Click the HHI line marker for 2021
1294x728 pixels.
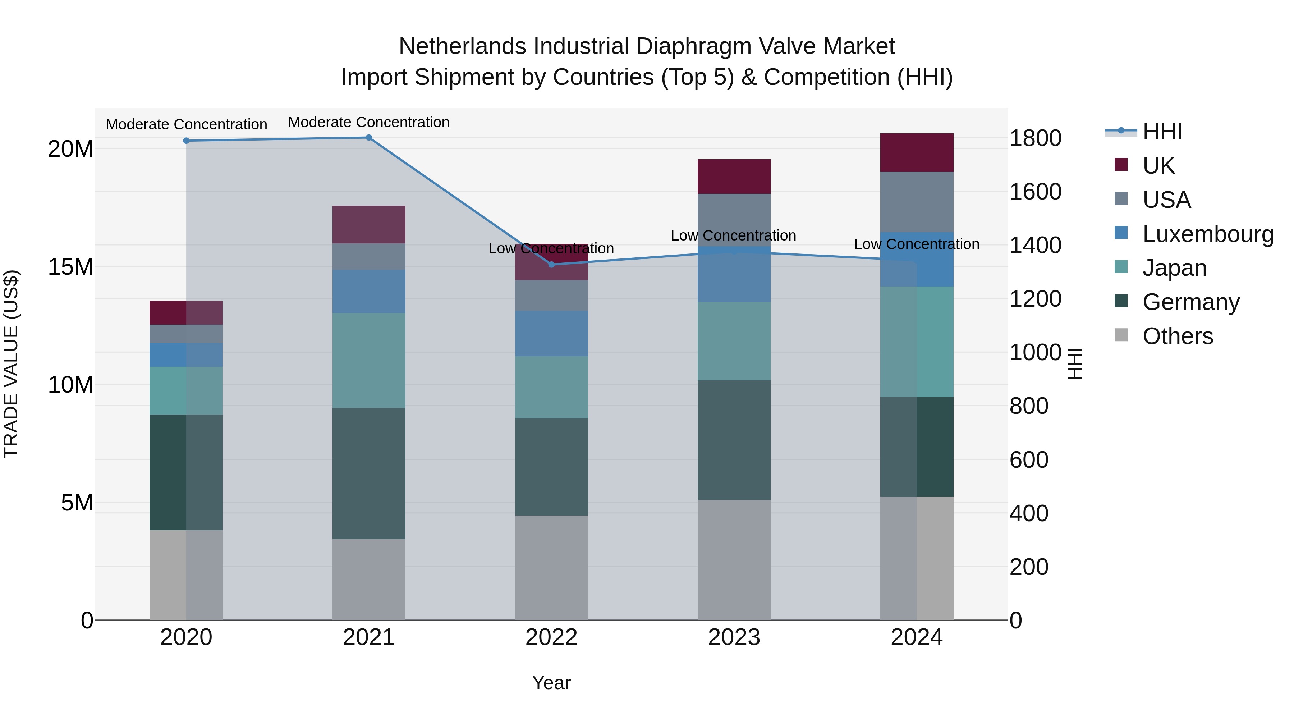pyautogui.click(x=369, y=138)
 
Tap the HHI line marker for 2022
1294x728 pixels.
pyautogui.click(x=551, y=264)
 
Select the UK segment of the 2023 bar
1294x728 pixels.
pyautogui.click(x=734, y=177)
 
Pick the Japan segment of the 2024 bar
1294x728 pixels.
pyautogui.click(x=917, y=342)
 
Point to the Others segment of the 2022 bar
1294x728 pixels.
pyautogui.click(x=551, y=568)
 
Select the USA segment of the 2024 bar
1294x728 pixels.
pyautogui.click(x=917, y=202)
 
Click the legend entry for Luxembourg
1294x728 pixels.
pyautogui.click(x=1208, y=234)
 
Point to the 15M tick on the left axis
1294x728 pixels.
pyautogui.click(x=70, y=267)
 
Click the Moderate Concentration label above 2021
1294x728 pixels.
pyautogui.click(x=369, y=122)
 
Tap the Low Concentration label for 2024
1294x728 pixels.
pyautogui.click(x=917, y=244)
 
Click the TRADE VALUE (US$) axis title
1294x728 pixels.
pyautogui.click(x=11, y=364)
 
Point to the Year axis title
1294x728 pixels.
pyautogui.click(x=551, y=683)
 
